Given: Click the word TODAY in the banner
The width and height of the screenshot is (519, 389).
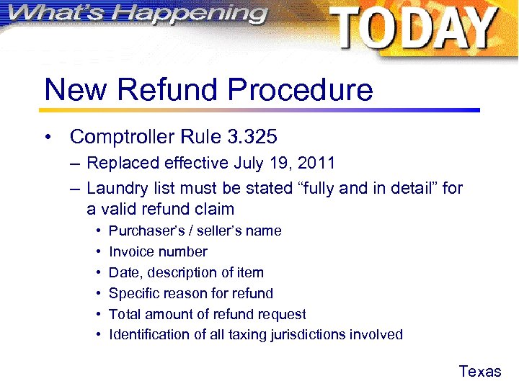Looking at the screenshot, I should [414, 29].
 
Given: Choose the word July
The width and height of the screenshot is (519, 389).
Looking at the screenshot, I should [249, 164].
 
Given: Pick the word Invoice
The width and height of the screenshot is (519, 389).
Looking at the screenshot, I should [130, 252].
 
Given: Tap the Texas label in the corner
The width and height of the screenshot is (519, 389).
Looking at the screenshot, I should [479, 372].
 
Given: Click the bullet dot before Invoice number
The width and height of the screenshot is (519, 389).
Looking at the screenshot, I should [96, 252].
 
